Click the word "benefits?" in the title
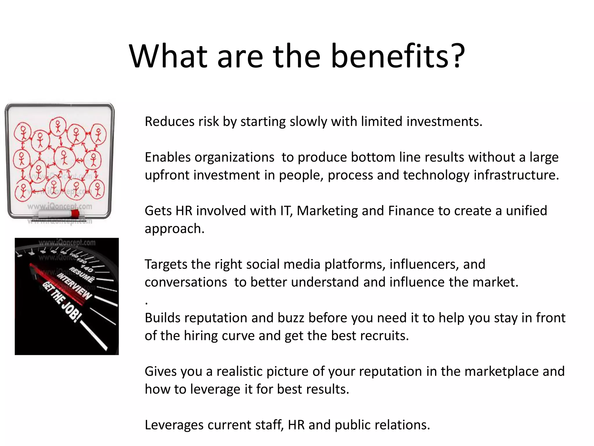[398, 56]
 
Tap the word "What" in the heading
[169, 56]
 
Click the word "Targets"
[166, 265]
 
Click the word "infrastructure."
[516, 175]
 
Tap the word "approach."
[175, 229]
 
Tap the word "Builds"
[162, 318]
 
